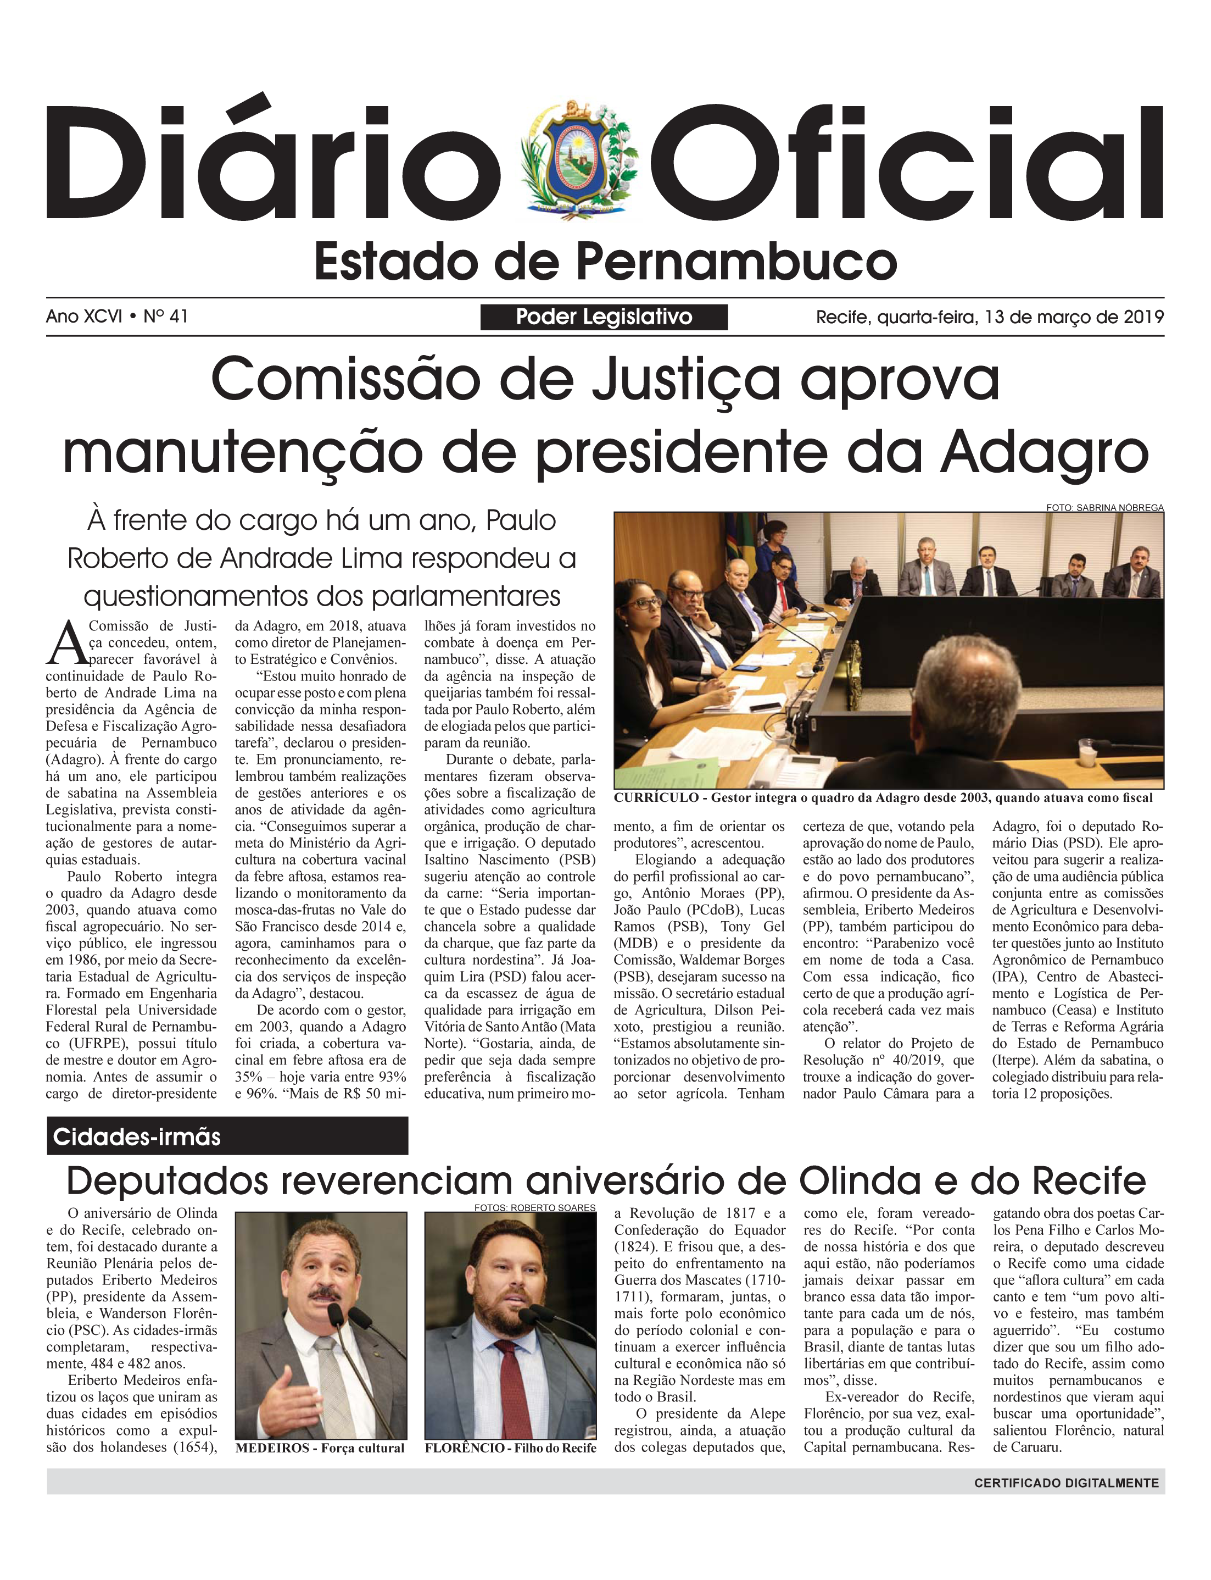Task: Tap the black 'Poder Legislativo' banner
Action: pyautogui.click(x=604, y=317)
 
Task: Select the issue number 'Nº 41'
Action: pyautogui.click(x=166, y=317)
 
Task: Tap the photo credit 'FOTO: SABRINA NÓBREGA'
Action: pyautogui.click(x=1104, y=508)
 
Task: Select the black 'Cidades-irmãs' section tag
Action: pyautogui.click(x=227, y=1137)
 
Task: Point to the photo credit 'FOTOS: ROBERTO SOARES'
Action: pyautogui.click(x=535, y=1207)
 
